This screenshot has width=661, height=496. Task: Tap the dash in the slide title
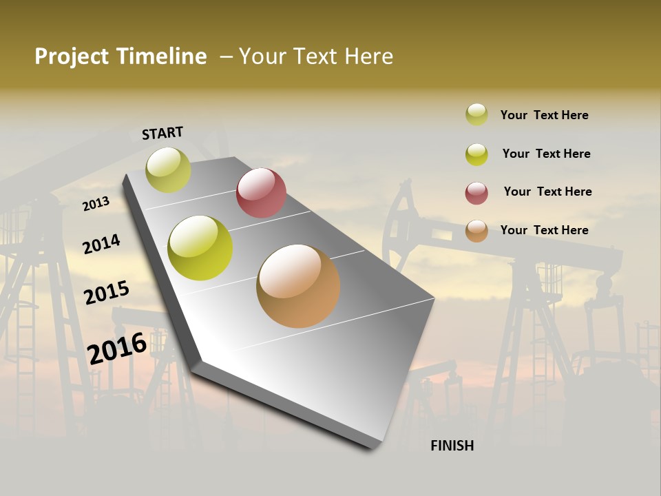pyautogui.click(x=227, y=56)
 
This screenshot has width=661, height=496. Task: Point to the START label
pyautogui.click(x=162, y=133)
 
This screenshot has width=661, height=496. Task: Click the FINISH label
pyautogui.click(x=452, y=446)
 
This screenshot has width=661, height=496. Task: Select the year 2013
pyautogui.click(x=96, y=204)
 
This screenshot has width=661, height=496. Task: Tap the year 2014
pyautogui.click(x=101, y=244)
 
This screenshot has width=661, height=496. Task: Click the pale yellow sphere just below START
pyautogui.click(x=168, y=170)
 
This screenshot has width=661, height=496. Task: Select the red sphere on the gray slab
pyautogui.click(x=261, y=193)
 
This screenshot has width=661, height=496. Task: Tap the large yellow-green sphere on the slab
pyautogui.click(x=200, y=248)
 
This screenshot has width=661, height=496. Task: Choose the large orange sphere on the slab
pyautogui.click(x=298, y=286)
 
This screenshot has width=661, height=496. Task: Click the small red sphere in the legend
pyautogui.click(x=476, y=193)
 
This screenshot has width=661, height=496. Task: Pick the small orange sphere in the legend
pyautogui.click(x=476, y=231)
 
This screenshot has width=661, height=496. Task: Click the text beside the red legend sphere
pyautogui.click(x=547, y=192)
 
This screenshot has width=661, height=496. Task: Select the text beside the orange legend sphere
pyautogui.click(x=544, y=230)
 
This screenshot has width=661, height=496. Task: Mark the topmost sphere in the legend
pyautogui.click(x=476, y=114)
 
